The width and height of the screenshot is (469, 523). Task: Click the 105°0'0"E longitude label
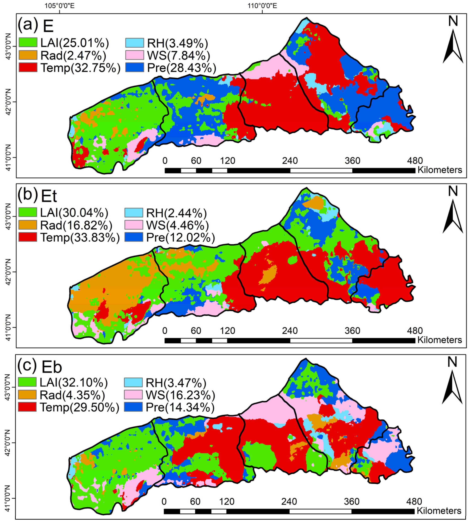click(x=60, y=5)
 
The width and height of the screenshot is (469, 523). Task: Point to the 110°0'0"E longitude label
click(x=262, y=5)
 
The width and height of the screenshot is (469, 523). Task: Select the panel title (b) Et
click(x=37, y=196)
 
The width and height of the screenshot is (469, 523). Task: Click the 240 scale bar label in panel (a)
click(x=290, y=161)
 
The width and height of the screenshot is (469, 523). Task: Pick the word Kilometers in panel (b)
click(x=440, y=340)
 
